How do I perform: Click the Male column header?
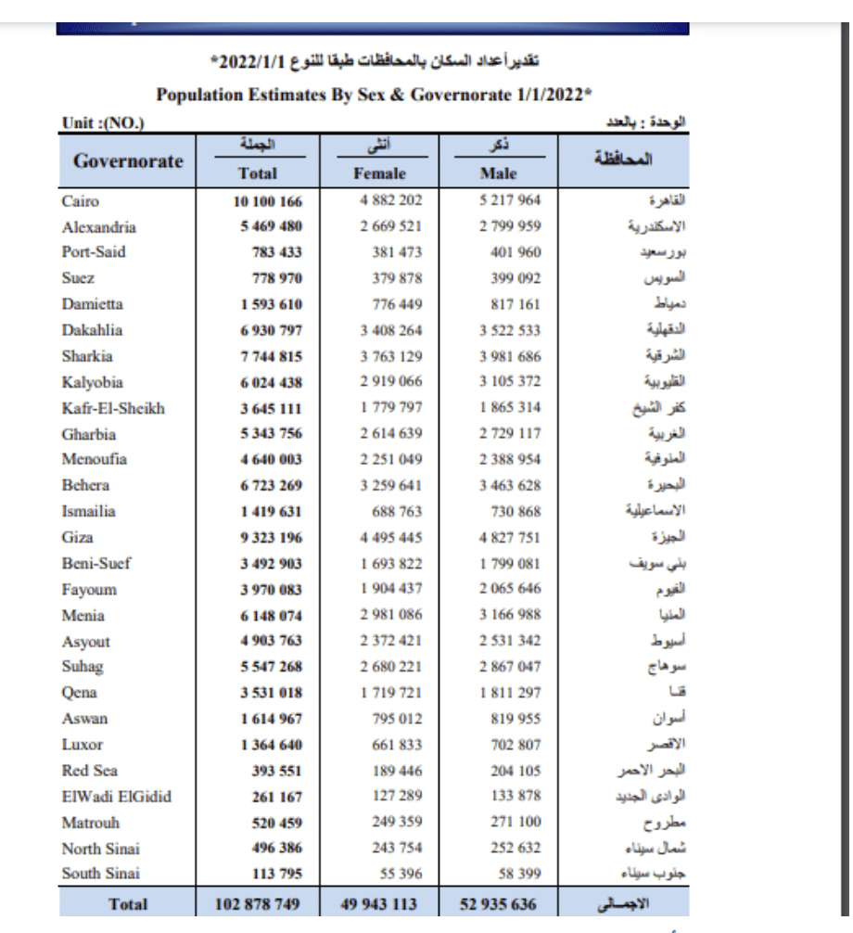click(499, 173)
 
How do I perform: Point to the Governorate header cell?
click(127, 160)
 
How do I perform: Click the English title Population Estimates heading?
click(375, 95)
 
